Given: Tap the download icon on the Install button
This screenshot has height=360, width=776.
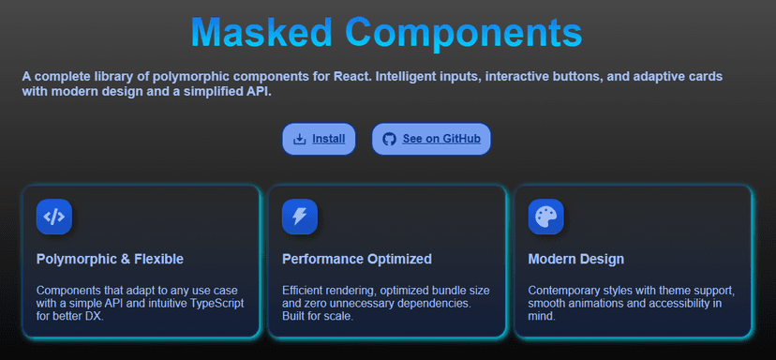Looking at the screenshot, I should tap(300, 140).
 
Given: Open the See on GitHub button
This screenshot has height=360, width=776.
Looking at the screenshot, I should tap(431, 140).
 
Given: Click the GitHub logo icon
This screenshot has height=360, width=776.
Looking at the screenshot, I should tap(390, 140).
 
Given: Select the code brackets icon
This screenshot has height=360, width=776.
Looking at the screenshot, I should tap(54, 217).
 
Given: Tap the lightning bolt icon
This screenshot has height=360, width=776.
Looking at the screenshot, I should tap(300, 217).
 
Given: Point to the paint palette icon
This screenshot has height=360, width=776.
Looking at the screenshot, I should tap(545, 217).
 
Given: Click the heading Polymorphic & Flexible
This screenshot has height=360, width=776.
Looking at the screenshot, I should tap(110, 259).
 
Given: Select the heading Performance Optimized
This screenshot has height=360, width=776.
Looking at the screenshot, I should tap(356, 259).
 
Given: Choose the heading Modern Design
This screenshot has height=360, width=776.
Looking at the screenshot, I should tap(575, 259).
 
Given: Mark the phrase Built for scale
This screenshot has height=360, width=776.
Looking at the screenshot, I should tap(318, 317).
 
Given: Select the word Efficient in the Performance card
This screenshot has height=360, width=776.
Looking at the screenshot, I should tap(306, 291).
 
